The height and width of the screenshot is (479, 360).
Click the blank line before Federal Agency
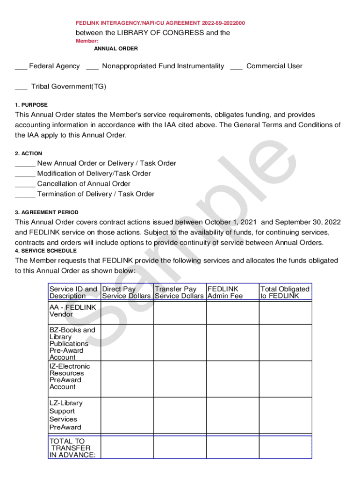click(x=21, y=66)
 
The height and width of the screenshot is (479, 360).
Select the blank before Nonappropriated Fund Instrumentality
click(x=92, y=66)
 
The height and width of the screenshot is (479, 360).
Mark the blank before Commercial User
click(x=236, y=66)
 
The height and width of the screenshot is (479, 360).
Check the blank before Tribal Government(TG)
click(x=21, y=87)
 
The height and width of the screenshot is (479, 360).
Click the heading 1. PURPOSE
click(x=31, y=105)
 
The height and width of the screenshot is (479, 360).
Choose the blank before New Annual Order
click(x=25, y=164)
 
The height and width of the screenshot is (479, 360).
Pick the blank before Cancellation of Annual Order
click(x=25, y=184)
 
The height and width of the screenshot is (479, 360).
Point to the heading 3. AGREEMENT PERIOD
click(x=47, y=212)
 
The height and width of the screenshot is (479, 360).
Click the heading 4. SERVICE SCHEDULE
click(x=46, y=251)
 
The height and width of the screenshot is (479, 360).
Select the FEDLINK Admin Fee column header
click(x=225, y=292)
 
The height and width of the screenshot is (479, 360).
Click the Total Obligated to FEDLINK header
click(x=285, y=292)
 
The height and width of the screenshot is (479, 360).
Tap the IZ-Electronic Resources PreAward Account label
click(x=70, y=377)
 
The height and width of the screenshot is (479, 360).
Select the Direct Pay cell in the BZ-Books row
click(x=127, y=343)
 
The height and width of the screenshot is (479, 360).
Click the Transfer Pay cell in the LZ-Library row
click(x=180, y=415)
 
